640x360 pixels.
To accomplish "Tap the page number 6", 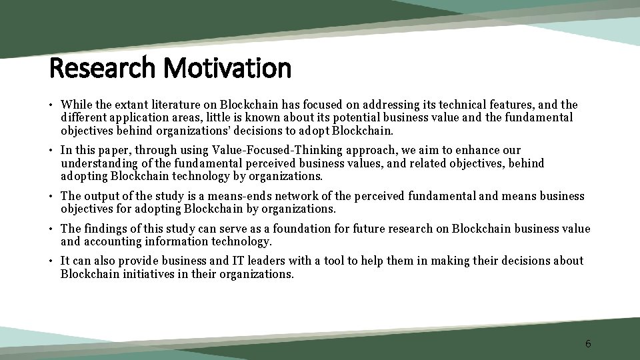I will [588, 343].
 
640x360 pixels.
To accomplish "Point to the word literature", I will [175, 105].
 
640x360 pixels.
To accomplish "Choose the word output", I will [101, 196].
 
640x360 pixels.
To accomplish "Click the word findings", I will [106, 229].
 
